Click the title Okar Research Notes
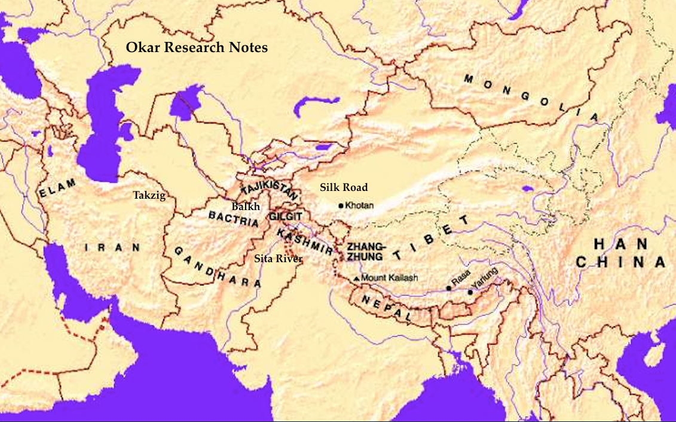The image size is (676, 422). click(197, 48)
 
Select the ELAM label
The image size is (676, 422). click(58, 189)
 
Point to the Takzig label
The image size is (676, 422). click(149, 195)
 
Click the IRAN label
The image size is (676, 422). click(112, 247)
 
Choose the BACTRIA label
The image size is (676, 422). click(234, 218)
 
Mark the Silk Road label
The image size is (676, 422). click(344, 187)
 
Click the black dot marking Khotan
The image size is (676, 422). click(341, 206)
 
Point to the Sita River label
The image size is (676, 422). click(278, 259)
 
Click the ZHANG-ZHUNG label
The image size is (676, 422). click(367, 251)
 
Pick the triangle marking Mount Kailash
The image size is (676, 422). click(356, 278)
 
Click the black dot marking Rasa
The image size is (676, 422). click(448, 288)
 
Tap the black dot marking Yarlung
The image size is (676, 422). click(470, 292)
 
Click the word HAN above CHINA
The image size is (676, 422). click(620, 244)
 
